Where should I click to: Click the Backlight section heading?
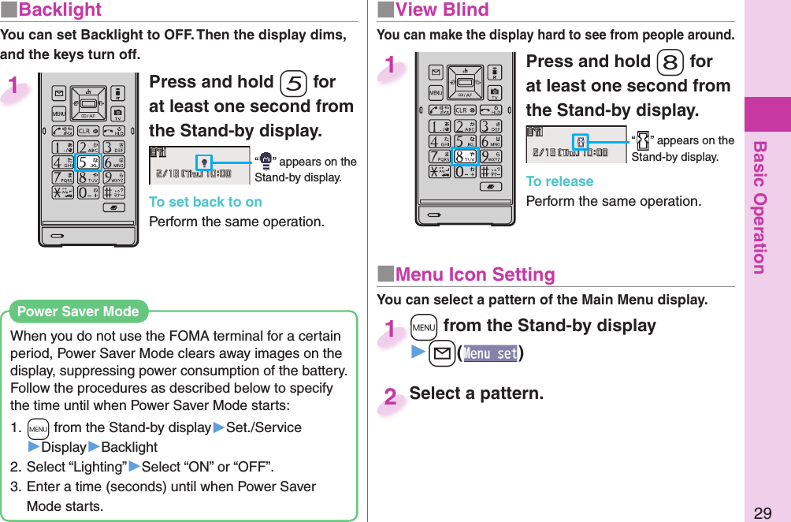pos(60,10)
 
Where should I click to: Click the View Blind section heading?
pos(441,10)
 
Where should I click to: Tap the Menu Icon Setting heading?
pos(474,275)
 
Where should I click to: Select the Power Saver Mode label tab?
pos(77,311)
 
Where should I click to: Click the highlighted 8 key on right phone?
pos(465,154)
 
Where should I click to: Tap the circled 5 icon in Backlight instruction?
pos(293,83)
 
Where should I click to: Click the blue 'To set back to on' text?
pos(206,202)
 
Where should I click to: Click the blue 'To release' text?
pos(559,181)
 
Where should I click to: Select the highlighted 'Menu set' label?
pos(490,353)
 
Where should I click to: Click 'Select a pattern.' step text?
pos(476,393)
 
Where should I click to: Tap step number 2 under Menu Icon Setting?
pos(390,397)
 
